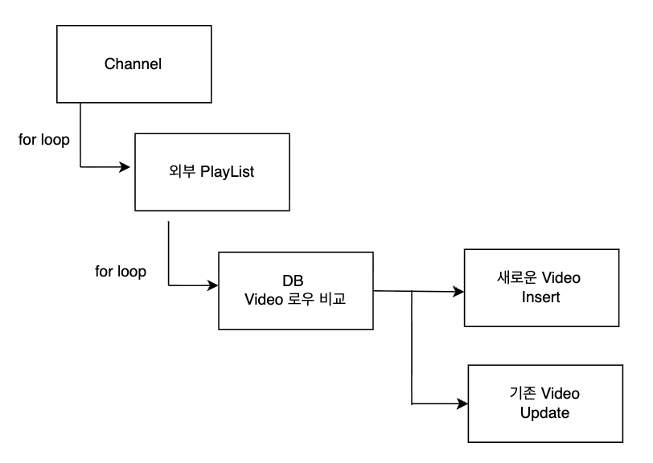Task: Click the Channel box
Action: [x=133, y=64]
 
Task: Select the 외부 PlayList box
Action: [x=212, y=172]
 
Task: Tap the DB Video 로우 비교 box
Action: [x=297, y=291]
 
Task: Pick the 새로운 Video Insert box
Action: [x=541, y=287]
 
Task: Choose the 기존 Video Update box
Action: [x=544, y=403]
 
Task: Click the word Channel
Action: [x=133, y=64]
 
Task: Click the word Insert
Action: [x=540, y=297]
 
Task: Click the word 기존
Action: [x=522, y=394]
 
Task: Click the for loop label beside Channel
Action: [x=43, y=139]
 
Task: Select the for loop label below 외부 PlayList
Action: [x=121, y=272]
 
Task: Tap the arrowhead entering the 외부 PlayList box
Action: [x=126, y=167]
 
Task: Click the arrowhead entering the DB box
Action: [x=213, y=285]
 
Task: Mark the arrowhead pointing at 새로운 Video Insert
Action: [x=459, y=291]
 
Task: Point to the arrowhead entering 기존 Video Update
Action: [x=462, y=404]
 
